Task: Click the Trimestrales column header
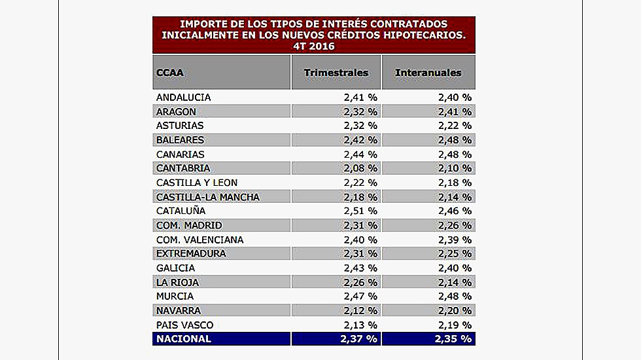pos(336,73)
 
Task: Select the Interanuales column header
pos(428,73)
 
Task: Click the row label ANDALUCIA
pos(183,98)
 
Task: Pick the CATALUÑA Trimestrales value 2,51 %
pos(360,211)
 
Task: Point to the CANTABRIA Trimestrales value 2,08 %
pos(360,168)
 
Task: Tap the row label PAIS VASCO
pos(184,325)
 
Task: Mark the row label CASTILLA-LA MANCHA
pos(208,197)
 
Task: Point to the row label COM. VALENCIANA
pos(199,240)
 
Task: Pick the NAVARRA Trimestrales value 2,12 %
pos(360,310)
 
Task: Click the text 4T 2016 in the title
pos(313,46)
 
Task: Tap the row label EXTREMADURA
pos(191,253)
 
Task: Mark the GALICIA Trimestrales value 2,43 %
pos(360,268)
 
